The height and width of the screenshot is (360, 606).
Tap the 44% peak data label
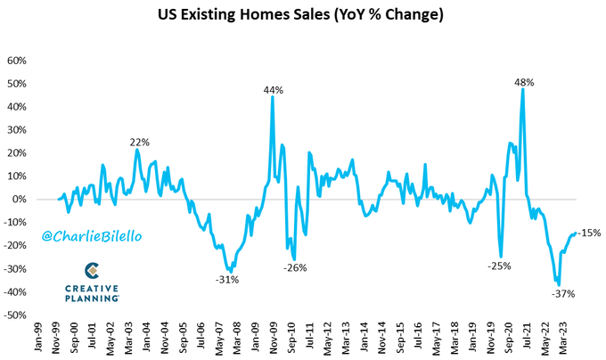[x=273, y=90]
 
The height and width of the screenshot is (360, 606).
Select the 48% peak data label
[x=523, y=82]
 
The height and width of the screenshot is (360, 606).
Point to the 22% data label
[x=140, y=142]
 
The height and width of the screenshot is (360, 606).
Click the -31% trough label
[x=227, y=279]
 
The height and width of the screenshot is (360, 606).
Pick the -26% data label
[x=296, y=267]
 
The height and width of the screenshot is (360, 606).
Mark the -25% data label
[x=500, y=266]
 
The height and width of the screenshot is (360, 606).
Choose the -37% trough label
[x=562, y=293]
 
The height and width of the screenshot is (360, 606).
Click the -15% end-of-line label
[x=589, y=233]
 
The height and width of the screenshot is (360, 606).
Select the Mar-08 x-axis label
[x=237, y=339]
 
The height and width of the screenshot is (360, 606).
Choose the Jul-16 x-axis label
[x=416, y=339]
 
